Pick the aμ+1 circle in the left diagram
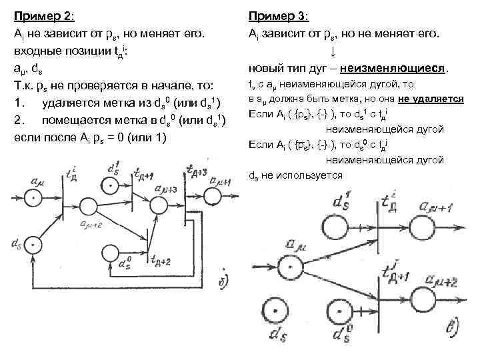tap(213, 195)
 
